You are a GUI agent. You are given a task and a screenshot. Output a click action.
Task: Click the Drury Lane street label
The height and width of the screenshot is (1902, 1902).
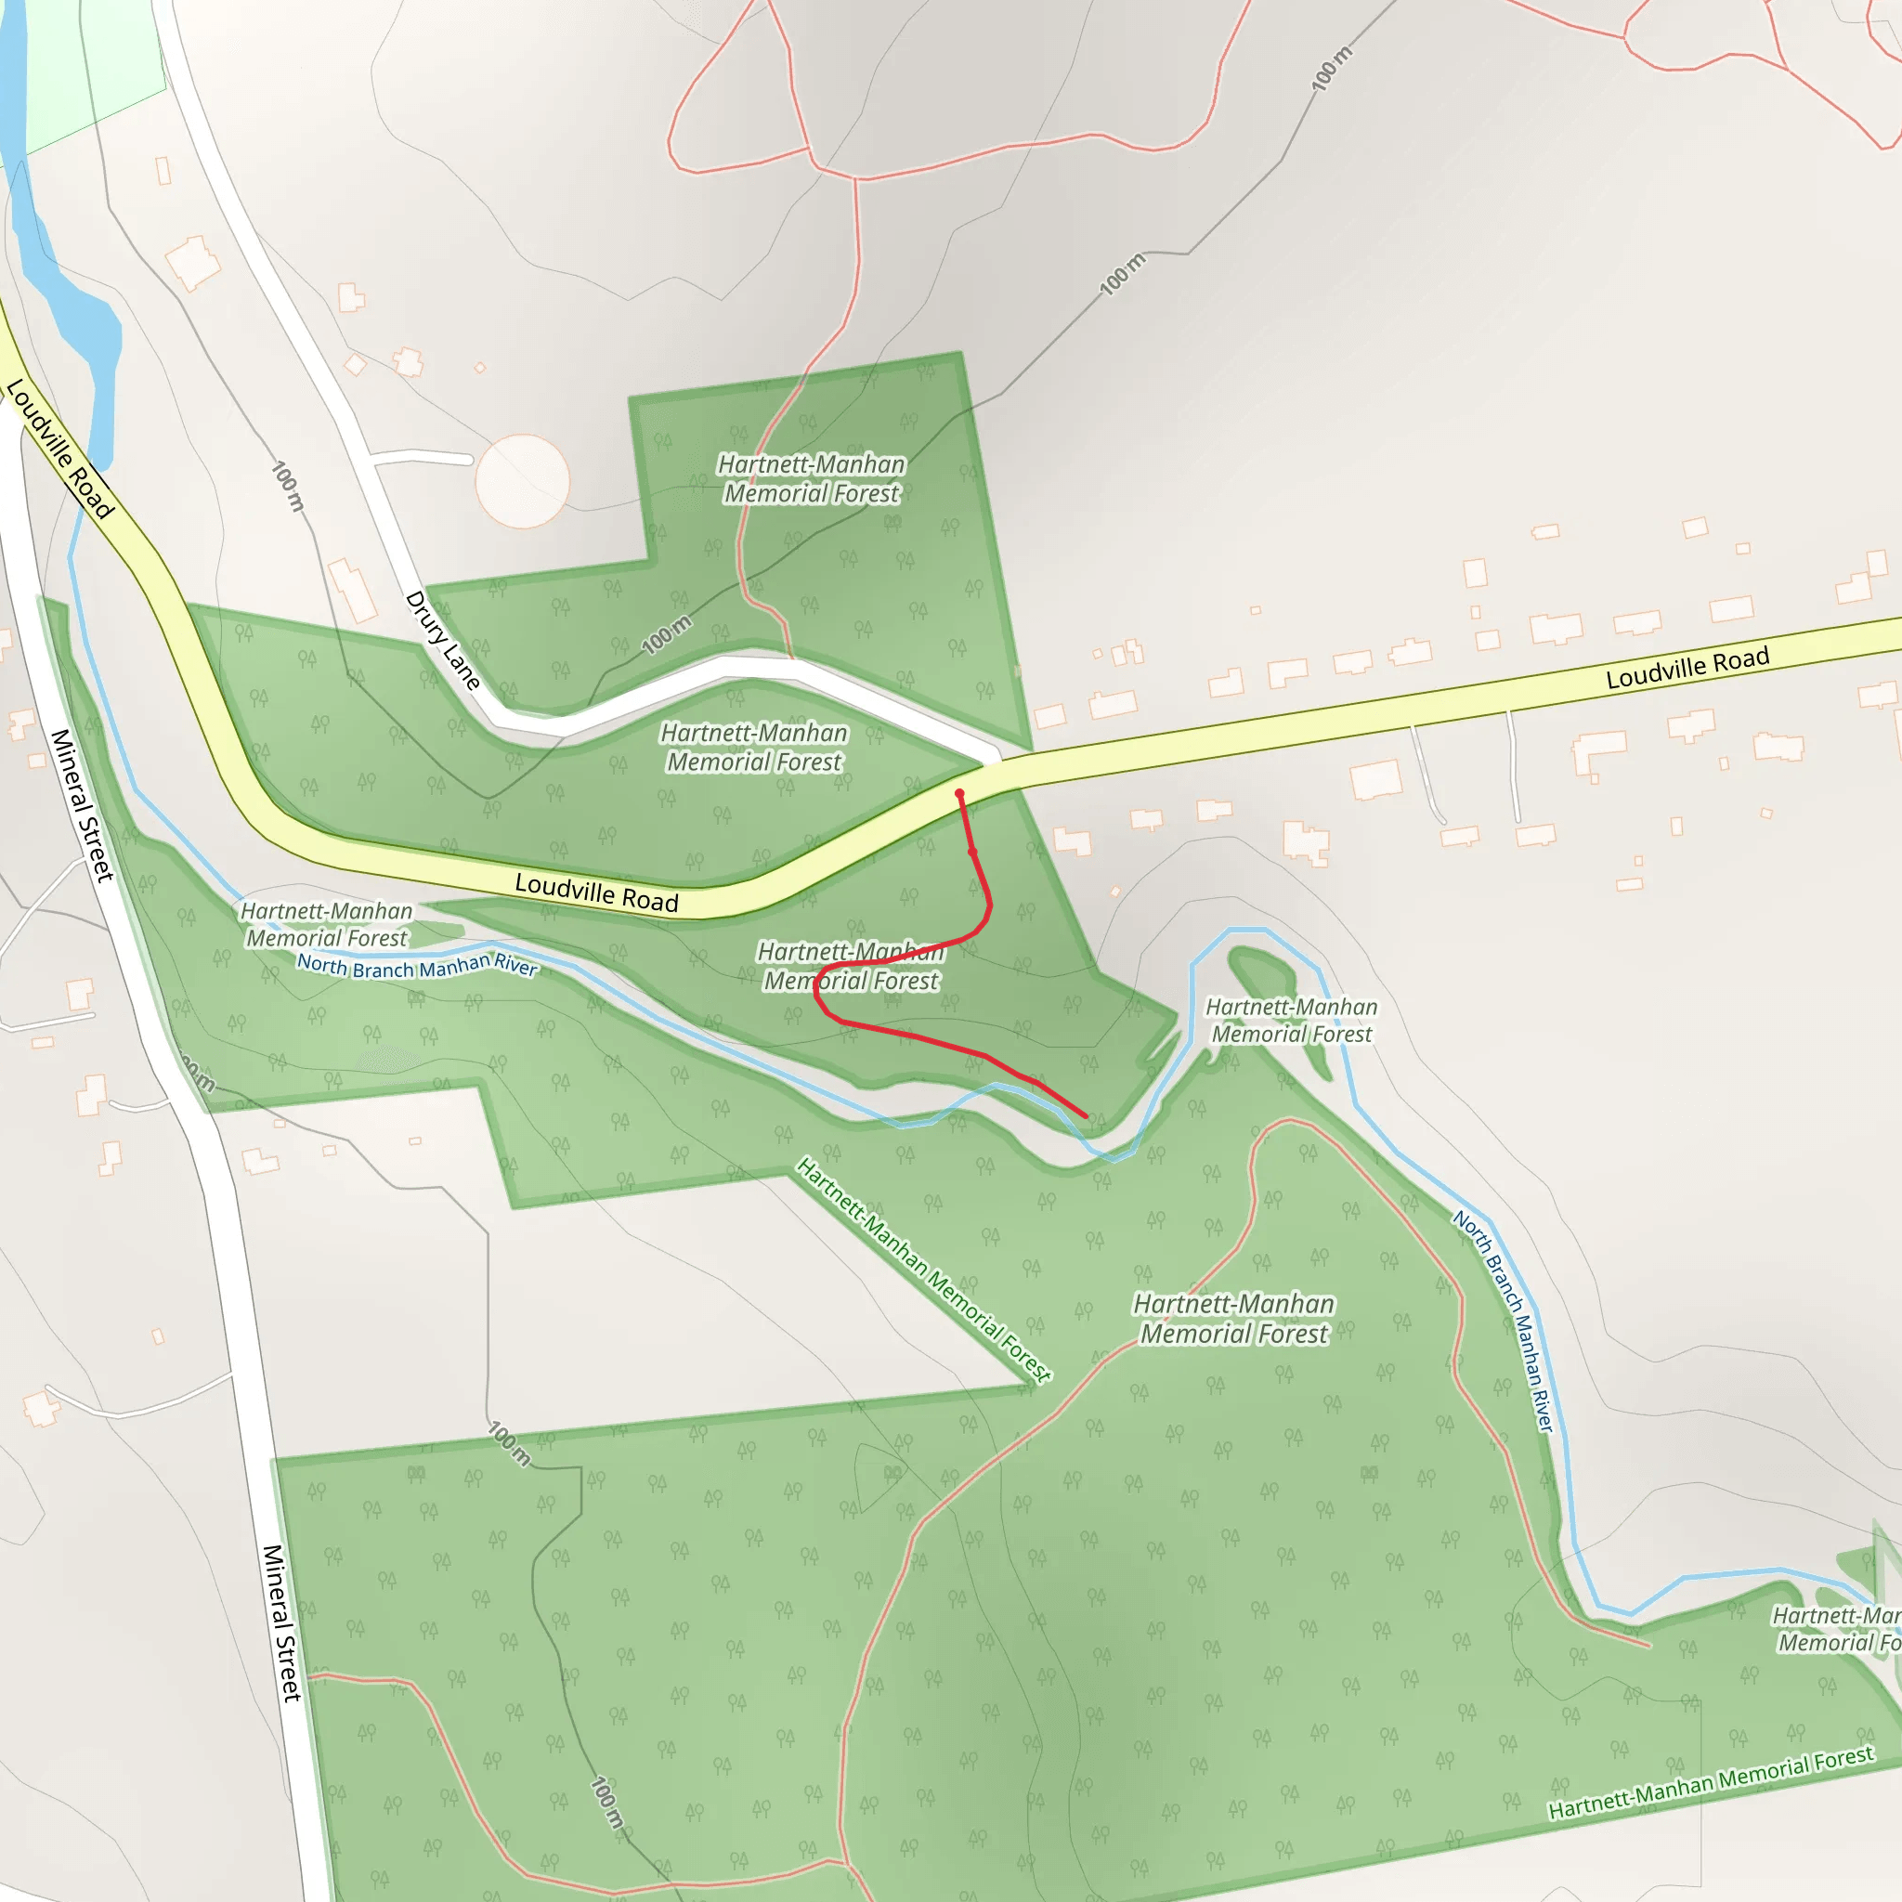(x=442, y=641)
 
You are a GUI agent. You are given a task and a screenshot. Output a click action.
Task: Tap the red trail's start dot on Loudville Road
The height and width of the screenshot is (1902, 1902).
(x=958, y=793)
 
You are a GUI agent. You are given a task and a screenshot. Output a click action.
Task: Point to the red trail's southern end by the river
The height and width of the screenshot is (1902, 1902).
(x=1086, y=1116)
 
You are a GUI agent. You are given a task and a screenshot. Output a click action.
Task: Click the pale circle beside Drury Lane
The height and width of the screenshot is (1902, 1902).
(x=522, y=481)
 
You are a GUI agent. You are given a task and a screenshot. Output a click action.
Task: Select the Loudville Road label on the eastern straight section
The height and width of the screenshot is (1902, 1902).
(x=1687, y=668)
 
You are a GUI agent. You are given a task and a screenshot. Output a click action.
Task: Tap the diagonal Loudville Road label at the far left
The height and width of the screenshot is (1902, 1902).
(x=60, y=448)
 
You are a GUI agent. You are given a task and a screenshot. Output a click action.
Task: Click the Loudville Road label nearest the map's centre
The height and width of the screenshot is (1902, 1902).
(x=596, y=892)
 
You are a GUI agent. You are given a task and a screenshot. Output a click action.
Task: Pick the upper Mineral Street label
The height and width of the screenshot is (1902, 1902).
(x=83, y=805)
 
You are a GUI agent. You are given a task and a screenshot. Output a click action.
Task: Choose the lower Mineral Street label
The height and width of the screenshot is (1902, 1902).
(x=281, y=1622)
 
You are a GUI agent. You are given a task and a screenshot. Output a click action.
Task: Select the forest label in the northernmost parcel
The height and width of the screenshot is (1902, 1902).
(x=811, y=478)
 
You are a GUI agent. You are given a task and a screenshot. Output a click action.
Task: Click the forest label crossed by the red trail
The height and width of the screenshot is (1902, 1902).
(x=852, y=966)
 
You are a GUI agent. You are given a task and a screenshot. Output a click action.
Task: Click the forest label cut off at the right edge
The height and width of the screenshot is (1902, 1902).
(x=1835, y=1628)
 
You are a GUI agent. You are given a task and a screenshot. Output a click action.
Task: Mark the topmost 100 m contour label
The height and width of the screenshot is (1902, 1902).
(x=1332, y=68)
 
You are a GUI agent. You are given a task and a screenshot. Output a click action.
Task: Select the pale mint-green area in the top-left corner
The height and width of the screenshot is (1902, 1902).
(x=88, y=69)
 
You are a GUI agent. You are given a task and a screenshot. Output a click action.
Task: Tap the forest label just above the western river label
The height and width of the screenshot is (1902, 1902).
(x=327, y=924)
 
